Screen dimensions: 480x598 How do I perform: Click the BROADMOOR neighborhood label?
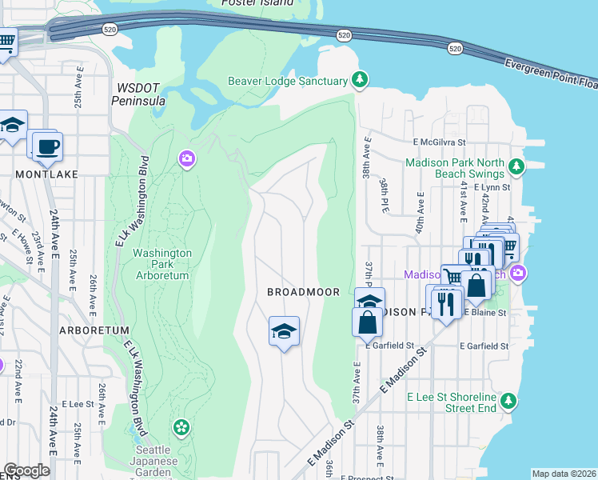tap(303, 293)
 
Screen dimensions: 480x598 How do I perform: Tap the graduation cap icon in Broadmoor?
tap(284, 330)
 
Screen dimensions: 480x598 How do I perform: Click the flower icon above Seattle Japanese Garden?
tap(182, 426)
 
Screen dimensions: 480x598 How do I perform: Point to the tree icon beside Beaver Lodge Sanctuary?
tap(361, 80)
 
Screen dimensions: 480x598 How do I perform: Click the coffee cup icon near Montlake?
tap(46, 146)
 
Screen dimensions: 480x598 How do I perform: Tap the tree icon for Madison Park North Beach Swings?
tap(517, 166)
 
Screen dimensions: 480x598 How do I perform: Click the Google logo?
tap(26, 470)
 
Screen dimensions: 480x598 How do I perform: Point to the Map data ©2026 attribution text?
tap(564, 474)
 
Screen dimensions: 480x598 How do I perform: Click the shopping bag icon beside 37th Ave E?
tap(367, 322)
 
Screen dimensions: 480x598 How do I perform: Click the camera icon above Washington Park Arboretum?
tap(186, 159)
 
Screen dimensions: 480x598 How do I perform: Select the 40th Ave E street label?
tap(420, 215)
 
